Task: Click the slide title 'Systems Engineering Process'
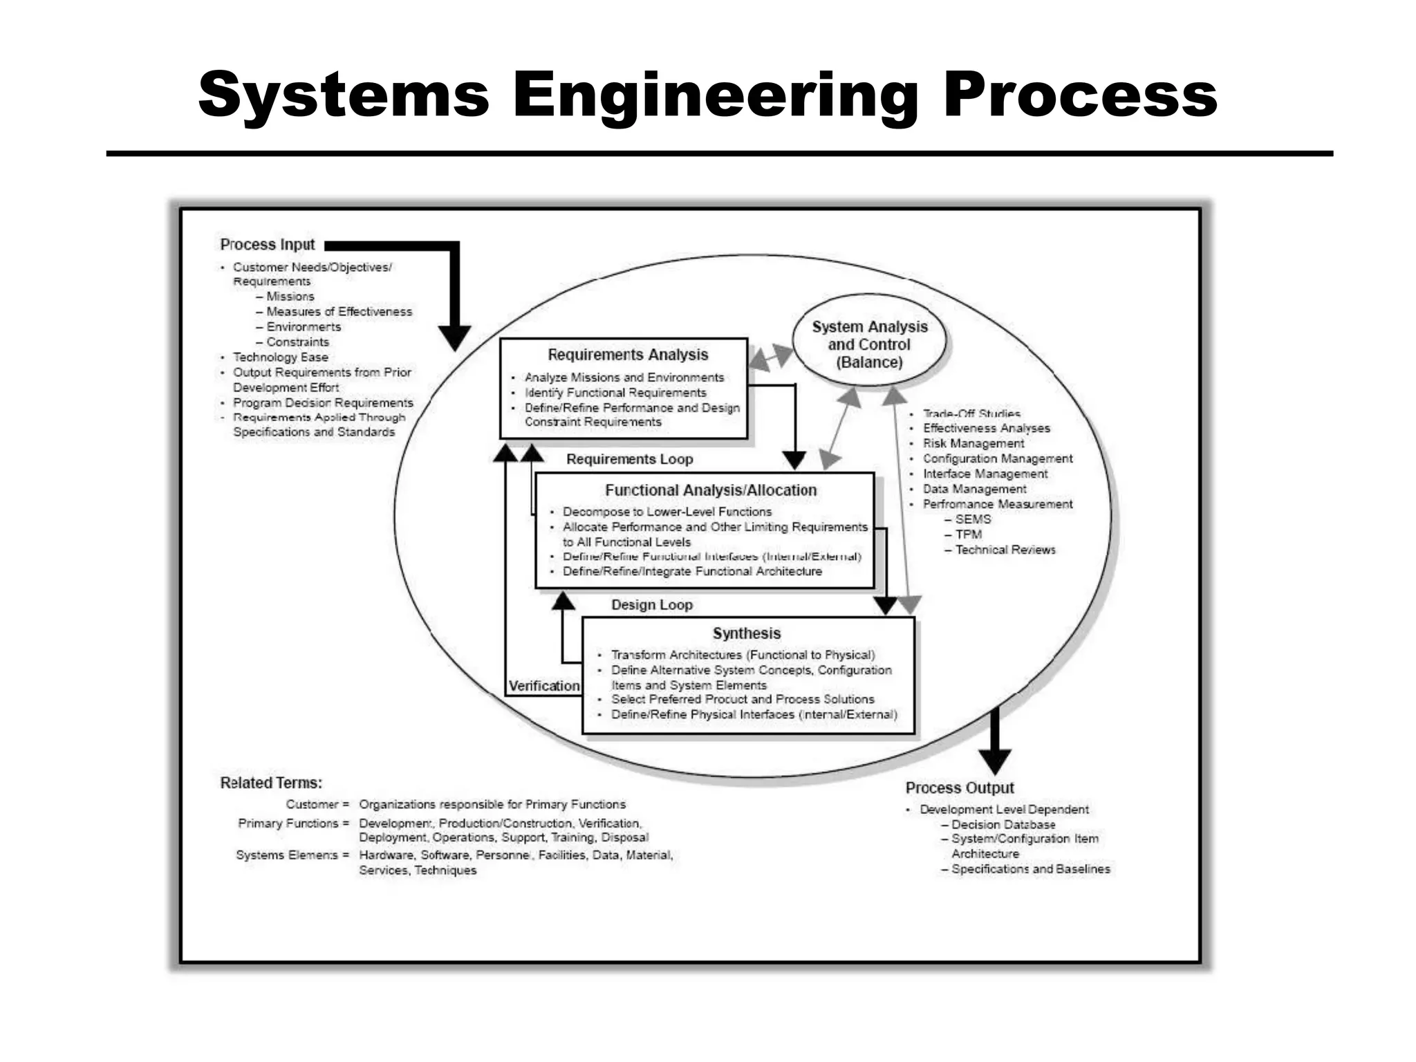click(x=707, y=95)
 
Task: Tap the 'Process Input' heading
click(x=267, y=245)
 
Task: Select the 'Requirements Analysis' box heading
click(x=628, y=355)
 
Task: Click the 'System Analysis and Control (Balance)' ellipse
click(x=869, y=344)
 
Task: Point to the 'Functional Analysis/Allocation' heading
click(x=711, y=490)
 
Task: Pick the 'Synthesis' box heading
click(x=747, y=633)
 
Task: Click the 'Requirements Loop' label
click(x=629, y=459)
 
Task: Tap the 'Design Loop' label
click(x=651, y=605)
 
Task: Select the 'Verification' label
click(x=544, y=686)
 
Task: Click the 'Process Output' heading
click(x=960, y=788)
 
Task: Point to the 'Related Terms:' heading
click(x=271, y=783)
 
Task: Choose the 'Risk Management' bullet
click(x=973, y=443)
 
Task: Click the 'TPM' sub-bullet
click(x=968, y=534)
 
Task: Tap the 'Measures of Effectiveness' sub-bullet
click(x=339, y=312)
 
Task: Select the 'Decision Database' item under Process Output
click(x=1003, y=824)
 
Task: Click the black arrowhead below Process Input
click(x=454, y=338)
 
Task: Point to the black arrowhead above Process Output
click(x=995, y=761)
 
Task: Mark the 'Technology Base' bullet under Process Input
click(x=280, y=357)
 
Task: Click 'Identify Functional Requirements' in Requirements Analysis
click(x=615, y=393)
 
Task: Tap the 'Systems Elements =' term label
click(x=292, y=855)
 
